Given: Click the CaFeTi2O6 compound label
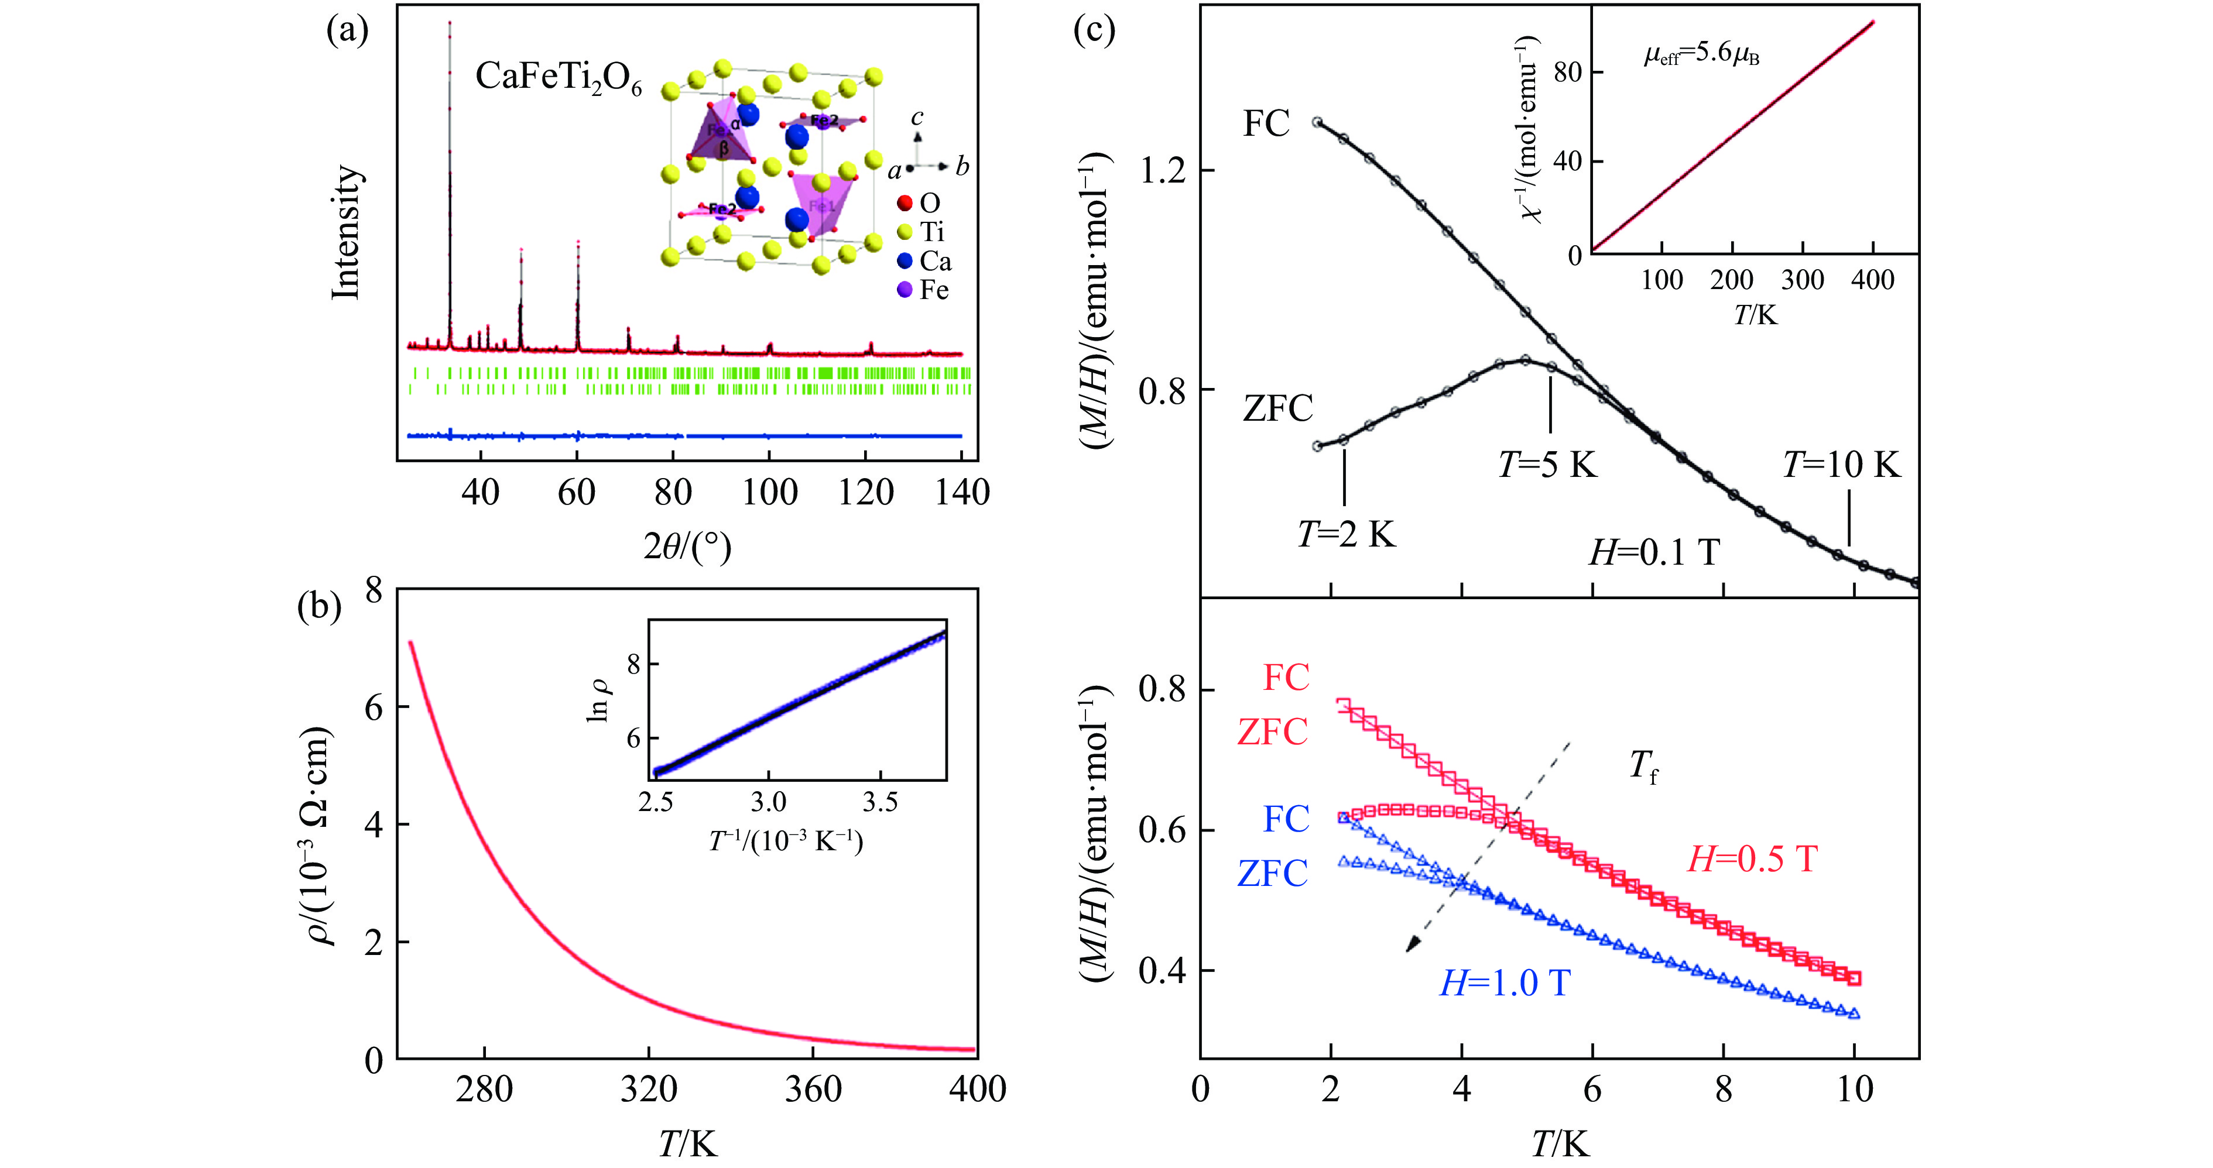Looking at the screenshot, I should tap(559, 79).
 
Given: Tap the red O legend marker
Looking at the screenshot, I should tap(904, 204).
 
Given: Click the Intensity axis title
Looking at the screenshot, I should tap(346, 232).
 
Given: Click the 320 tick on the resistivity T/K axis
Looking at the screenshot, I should tap(649, 1089).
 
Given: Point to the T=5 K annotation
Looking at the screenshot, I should tap(1547, 465).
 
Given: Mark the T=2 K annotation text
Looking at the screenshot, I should tap(1346, 534).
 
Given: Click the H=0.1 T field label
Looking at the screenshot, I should tap(1654, 552).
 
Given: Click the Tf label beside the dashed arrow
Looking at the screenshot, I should tap(1643, 765).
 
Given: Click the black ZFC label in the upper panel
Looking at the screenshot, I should tap(1277, 408).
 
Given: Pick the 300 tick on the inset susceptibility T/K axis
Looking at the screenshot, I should tap(1803, 280).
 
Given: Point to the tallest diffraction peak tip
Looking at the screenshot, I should tap(449, 23).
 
